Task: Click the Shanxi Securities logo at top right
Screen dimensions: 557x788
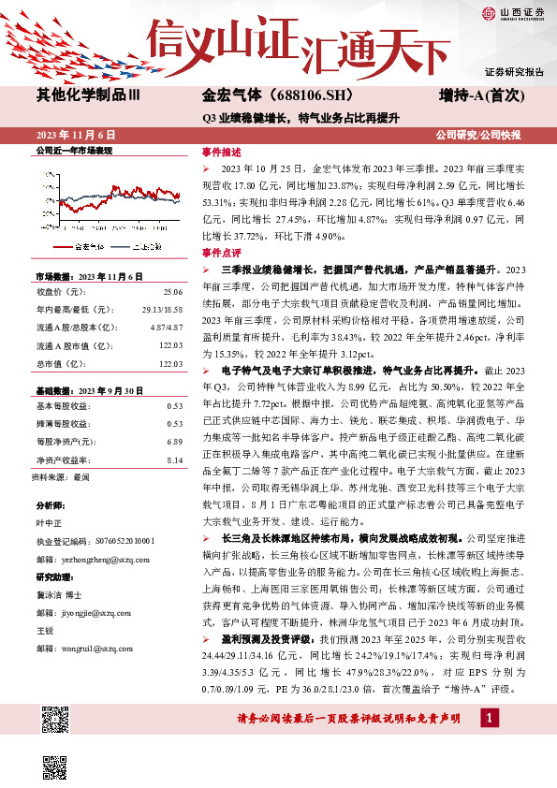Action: [513, 12]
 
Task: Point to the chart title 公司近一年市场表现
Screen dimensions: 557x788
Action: [73, 150]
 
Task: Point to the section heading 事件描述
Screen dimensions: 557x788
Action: [222, 152]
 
